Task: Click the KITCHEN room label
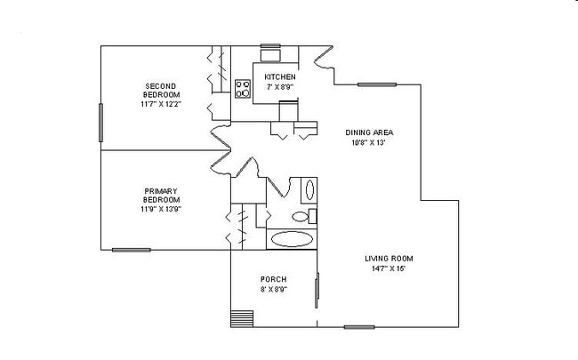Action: click(x=280, y=77)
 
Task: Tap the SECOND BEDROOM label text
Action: click(x=161, y=90)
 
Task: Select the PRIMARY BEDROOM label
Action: click(x=161, y=195)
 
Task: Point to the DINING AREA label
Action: click(x=369, y=133)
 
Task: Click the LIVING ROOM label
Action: click(x=389, y=259)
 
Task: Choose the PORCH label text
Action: click(x=273, y=279)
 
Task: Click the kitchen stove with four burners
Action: click(x=242, y=88)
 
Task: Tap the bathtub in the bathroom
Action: click(x=292, y=238)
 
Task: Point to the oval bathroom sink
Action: click(x=309, y=190)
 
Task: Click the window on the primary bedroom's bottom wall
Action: click(x=131, y=250)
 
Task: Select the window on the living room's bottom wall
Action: click(x=359, y=327)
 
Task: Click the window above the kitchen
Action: click(x=269, y=45)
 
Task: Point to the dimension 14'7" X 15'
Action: click(x=389, y=268)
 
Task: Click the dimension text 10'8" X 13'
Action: click(x=369, y=143)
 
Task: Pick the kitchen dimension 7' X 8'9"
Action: click(x=280, y=87)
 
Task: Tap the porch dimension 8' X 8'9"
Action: click(x=273, y=289)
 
